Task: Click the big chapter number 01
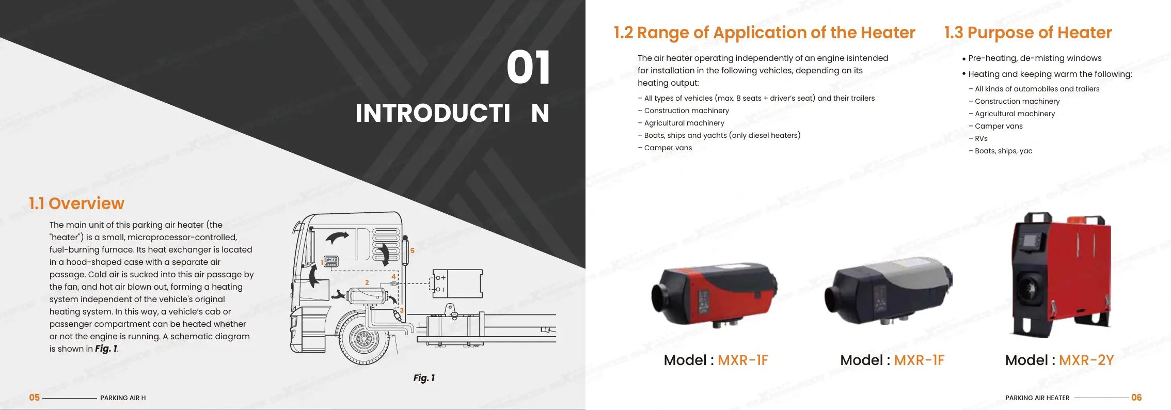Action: [x=528, y=68]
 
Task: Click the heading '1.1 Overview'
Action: [x=76, y=203]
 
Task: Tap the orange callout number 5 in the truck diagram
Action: [x=413, y=250]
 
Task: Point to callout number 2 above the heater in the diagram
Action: [x=367, y=282]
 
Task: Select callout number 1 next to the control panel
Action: [x=322, y=262]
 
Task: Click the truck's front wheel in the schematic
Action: [x=363, y=339]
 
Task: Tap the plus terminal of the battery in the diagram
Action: [x=442, y=278]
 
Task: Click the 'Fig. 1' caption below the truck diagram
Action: [x=424, y=378]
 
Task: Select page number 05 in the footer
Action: [x=34, y=398]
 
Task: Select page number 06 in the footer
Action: [x=1136, y=398]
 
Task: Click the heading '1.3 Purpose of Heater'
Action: [x=1028, y=33]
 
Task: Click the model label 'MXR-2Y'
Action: [x=1086, y=360]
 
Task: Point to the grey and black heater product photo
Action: [x=889, y=292]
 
